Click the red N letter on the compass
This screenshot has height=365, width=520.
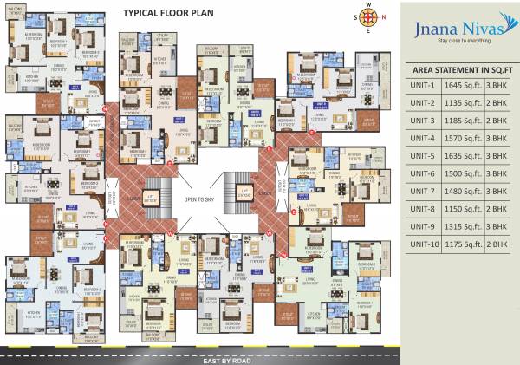click(370, 6)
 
